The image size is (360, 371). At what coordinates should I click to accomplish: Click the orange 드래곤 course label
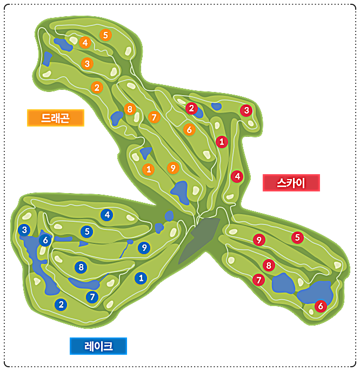click(x=56, y=118)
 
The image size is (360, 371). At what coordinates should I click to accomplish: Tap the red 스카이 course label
click(x=291, y=183)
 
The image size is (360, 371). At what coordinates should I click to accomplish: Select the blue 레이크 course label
click(x=98, y=346)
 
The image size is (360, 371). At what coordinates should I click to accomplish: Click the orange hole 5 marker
click(x=105, y=35)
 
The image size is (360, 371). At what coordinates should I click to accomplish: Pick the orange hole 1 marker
click(x=148, y=169)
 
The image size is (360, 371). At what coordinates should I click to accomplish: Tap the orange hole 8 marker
click(x=130, y=109)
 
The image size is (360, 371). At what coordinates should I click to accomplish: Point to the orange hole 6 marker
click(x=189, y=129)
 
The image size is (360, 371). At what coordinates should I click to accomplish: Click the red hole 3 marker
click(x=246, y=110)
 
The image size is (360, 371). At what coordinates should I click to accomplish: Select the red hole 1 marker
click(x=222, y=142)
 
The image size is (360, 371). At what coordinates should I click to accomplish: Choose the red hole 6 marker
click(x=321, y=306)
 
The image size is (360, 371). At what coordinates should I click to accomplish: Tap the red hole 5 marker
click(x=297, y=237)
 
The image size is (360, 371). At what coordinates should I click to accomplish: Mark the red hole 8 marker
click(x=269, y=265)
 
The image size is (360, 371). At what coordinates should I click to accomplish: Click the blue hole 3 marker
click(x=24, y=230)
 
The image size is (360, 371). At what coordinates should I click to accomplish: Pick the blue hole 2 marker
click(x=61, y=304)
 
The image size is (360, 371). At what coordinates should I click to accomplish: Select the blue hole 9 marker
click(x=144, y=248)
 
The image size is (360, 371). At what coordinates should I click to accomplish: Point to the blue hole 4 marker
click(x=106, y=215)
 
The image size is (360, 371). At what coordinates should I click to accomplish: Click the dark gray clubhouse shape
click(x=199, y=239)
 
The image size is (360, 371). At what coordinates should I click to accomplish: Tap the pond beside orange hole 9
click(x=181, y=192)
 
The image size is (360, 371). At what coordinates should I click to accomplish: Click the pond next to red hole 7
click(x=283, y=283)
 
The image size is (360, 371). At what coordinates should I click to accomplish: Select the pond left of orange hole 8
click(x=116, y=118)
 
